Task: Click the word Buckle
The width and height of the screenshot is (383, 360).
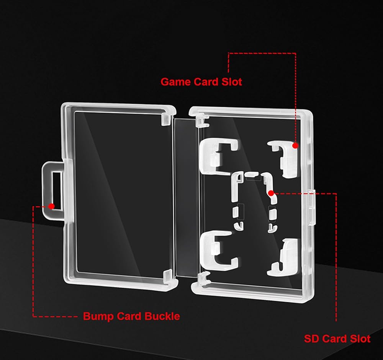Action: coord(162,316)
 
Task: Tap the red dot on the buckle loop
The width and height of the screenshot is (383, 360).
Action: coord(52,206)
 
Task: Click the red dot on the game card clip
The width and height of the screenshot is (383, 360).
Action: coord(295,145)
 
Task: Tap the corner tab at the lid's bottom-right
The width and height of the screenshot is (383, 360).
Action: coord(168,276)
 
